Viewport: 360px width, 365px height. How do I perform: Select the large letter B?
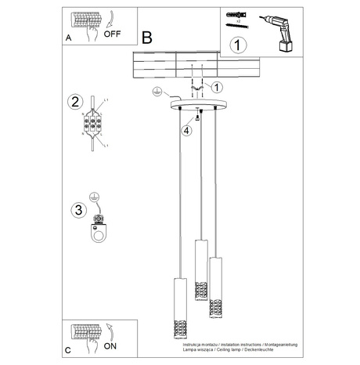click(147, 37)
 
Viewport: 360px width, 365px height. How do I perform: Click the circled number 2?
click(75, 102)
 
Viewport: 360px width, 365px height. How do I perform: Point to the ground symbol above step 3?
click(95, 196)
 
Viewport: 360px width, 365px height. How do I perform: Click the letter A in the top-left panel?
click(68, 36)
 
